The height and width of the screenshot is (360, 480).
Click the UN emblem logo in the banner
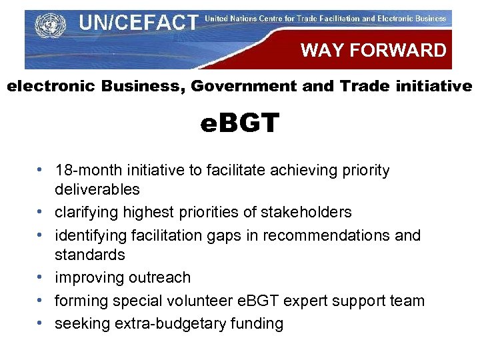coord(47,27)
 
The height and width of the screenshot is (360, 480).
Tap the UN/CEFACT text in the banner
coord(138,23)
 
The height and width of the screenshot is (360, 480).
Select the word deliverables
coord(97,189)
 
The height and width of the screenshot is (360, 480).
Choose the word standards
coord(90,255)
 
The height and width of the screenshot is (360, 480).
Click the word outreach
coord(159,277)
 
